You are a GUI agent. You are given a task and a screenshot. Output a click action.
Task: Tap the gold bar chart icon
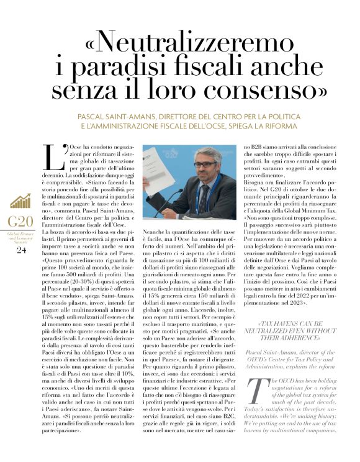point(20,201)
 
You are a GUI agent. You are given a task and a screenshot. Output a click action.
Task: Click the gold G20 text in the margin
point(20,222)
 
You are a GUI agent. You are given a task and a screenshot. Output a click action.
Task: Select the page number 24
point(21,250)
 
